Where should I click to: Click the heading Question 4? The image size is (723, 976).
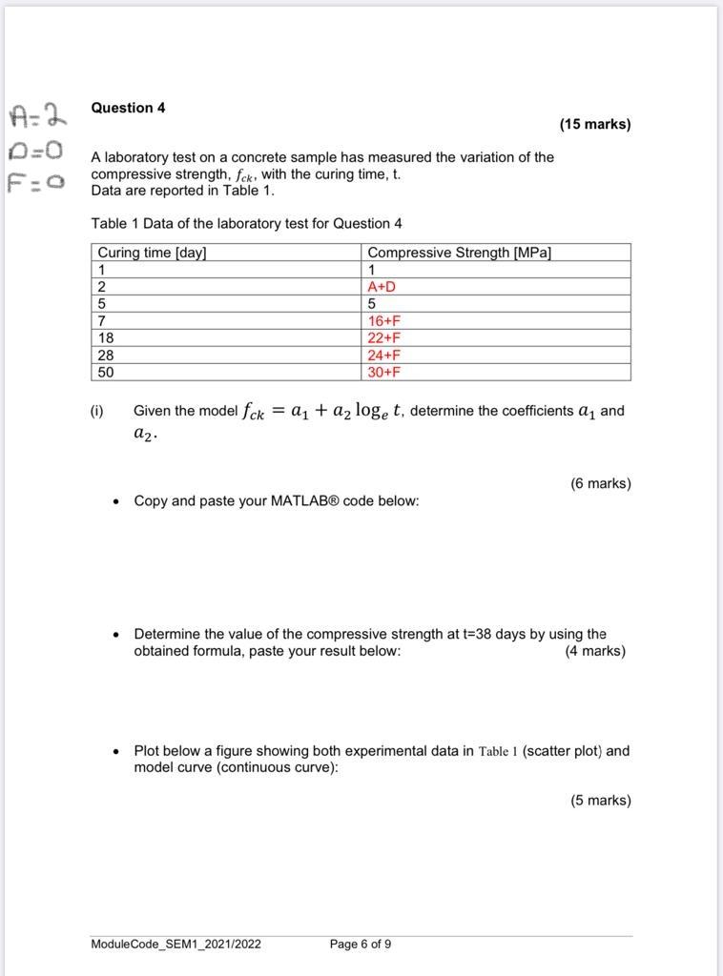128,108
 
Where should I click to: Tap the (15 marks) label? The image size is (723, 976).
594,124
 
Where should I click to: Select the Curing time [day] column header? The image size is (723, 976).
152,253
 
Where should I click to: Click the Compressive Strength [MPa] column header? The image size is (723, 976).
459,253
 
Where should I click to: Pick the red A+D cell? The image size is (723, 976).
382,287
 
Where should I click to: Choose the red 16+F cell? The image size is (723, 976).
384,321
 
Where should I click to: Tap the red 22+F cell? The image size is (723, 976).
384,337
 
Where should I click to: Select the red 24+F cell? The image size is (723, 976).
384,355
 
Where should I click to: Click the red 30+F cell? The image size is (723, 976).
384,372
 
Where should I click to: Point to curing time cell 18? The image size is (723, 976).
106,337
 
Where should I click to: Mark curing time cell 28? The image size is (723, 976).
106,355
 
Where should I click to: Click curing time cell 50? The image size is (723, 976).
106,372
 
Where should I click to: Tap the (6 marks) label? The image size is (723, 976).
600,483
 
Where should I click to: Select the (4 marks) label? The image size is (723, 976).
595,651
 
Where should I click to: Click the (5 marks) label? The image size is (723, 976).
600,801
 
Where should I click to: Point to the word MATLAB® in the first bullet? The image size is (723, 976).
279,500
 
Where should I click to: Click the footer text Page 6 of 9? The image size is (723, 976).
360,945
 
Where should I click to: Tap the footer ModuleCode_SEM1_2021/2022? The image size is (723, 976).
176,945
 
